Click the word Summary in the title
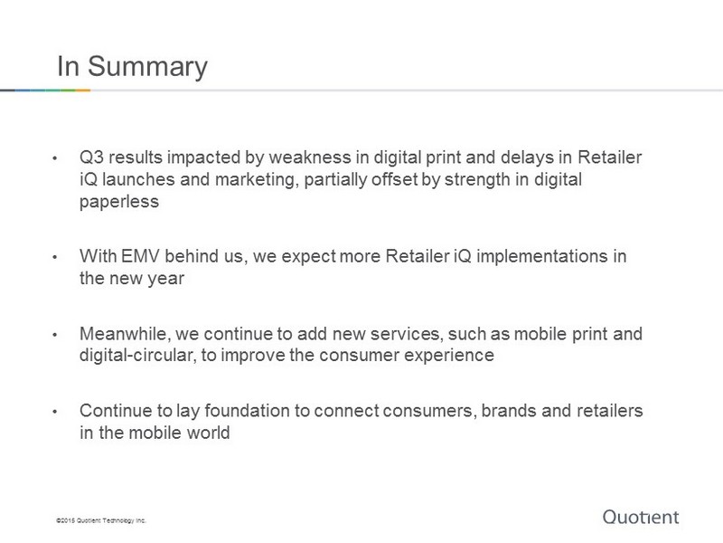point(147,67)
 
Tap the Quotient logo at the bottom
point(641,517)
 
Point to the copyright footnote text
point(101,520)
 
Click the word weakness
point(310,157)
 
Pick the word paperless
point(119,202)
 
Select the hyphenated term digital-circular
point(137,355)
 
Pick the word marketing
point(256,179)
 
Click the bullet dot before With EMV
point(55,257)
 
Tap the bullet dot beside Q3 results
point(55,157)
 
